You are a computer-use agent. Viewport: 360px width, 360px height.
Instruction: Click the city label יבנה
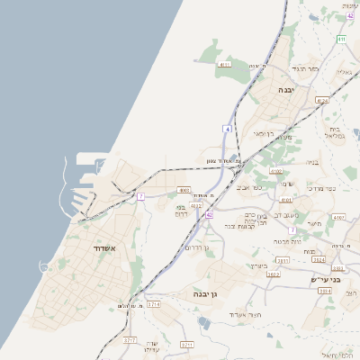click(x=285, y=90)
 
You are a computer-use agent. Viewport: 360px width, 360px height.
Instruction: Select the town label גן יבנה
click(x=206, y=294)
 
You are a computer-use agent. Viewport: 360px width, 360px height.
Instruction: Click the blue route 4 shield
click(x=229, y=130)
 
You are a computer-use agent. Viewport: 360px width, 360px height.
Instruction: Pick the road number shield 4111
click(x=224, y=64)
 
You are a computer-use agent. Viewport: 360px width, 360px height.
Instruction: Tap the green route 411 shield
click(x=341, y=40)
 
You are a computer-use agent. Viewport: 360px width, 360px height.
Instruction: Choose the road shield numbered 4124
click(x=321, y=101)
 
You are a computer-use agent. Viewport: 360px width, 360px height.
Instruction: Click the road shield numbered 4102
click(x=276, y=171)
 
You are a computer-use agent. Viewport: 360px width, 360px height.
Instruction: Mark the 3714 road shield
click(x=153, y=305)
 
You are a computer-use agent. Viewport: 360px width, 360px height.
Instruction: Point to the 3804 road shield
click(x=325, y=291)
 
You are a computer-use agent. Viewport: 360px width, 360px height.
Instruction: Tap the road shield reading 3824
click(x=319, y=259)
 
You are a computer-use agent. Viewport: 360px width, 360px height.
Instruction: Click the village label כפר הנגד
click(x=308, y=68)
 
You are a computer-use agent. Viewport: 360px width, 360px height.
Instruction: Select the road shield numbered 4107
click(x=339, y=218)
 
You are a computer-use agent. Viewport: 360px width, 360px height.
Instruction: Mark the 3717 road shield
click(x=130, y=341)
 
